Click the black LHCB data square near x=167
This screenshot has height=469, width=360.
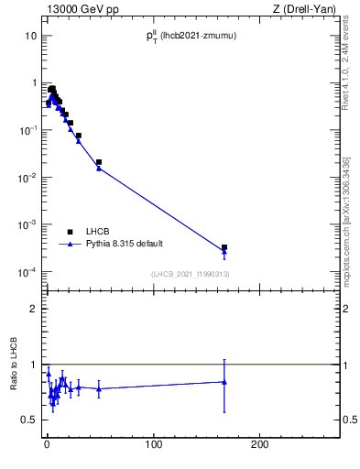click(x=224, y=247)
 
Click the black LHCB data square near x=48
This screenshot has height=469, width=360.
click(x=99, y=162)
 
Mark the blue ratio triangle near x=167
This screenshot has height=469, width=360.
click(x=224, y=382)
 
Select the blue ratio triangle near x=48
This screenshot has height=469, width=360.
click(x=99, y=388)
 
